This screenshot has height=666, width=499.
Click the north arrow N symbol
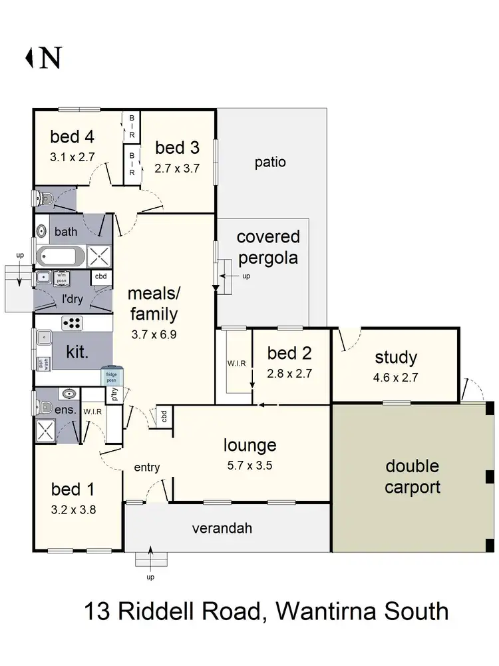pos(44,58)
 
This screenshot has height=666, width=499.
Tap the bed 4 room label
pos(72,137)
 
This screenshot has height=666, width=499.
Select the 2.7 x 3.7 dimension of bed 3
pos(177,168)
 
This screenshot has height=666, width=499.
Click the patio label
pos(270,162)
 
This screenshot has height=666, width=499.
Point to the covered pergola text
pos(268,247)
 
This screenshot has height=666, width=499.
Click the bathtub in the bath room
pos(61,256)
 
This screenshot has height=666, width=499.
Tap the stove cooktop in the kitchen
pos(72,324)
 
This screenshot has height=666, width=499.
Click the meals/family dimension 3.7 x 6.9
pos(154,336)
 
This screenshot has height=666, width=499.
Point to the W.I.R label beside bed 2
pos(236,364)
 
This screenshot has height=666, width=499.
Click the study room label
pos(396,357)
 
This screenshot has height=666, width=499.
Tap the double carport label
pos(413,477)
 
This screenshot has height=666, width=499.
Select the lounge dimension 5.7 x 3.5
pos(249,466)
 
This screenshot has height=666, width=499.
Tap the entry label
pos(146,468)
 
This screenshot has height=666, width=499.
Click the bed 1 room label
pos(73,490)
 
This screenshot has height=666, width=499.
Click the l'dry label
pos(72,299)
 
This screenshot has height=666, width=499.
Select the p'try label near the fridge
pos(114,396)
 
